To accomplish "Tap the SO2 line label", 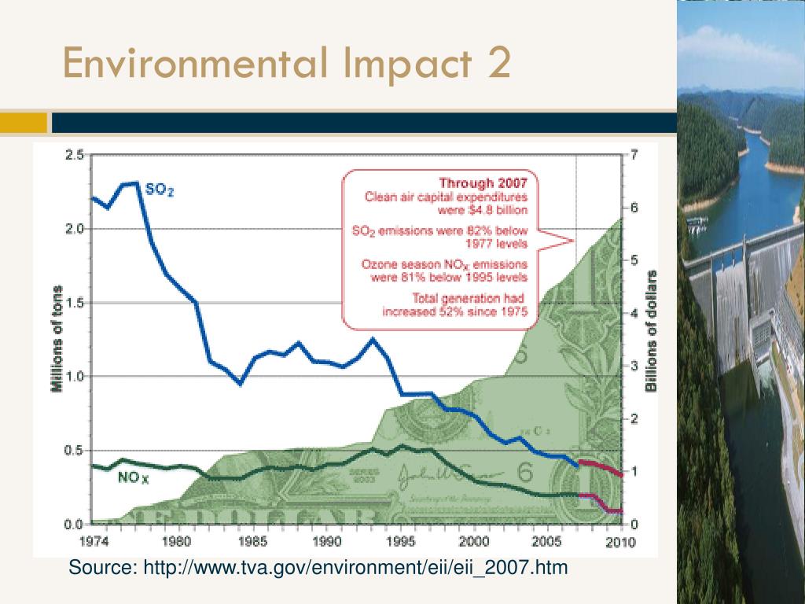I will (x=159, y=190).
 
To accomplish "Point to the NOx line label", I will (x=133, y=477).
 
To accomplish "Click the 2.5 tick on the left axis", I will (x=75, y=155).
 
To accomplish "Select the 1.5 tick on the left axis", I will (x=75, y=303).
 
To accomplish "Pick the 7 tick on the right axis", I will (x=634, y=155).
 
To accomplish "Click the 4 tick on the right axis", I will (x=634, y=313).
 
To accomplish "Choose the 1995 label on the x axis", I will (x=401, y=541).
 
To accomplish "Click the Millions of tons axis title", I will (x=57, y=340).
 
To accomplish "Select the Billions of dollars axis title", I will (x=651, y=330).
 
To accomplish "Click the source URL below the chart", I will (x=318, y=567).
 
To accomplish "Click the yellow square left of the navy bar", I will (x=24, y=123).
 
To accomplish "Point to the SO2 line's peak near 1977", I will (x=137, y=182).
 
